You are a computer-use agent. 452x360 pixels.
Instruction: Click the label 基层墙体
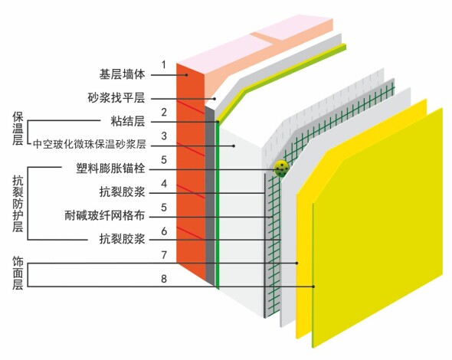(122, 74)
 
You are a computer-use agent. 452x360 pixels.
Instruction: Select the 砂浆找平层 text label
(116, 98)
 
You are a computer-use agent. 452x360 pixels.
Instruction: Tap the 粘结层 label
(128, 121)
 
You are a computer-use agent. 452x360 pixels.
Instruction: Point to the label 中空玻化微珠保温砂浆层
(90, 144)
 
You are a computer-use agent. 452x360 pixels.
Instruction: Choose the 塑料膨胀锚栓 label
(110, 169)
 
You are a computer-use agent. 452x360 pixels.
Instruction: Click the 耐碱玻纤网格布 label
(105, 215)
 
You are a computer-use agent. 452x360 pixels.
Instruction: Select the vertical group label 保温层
(18, 129)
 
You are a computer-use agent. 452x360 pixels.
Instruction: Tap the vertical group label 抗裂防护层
(18, 204)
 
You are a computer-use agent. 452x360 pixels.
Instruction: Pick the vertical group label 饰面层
(18, 273)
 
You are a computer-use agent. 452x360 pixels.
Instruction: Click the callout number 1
(164, 64)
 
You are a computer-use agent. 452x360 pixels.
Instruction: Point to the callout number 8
(164, 279)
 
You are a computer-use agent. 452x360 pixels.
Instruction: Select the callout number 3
(164, 136)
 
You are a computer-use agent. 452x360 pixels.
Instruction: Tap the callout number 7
(164, 255)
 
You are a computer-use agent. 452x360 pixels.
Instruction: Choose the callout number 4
(164, 184)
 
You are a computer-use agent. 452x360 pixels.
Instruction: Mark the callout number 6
(164, 231)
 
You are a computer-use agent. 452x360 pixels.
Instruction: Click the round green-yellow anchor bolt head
(281, 169)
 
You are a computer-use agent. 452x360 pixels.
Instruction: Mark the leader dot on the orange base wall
(186, 75)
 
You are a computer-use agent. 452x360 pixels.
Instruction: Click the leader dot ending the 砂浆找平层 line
(215, 99)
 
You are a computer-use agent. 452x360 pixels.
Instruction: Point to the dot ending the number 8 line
(313, 286)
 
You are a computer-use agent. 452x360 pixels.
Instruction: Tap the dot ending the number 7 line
(297, 263)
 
